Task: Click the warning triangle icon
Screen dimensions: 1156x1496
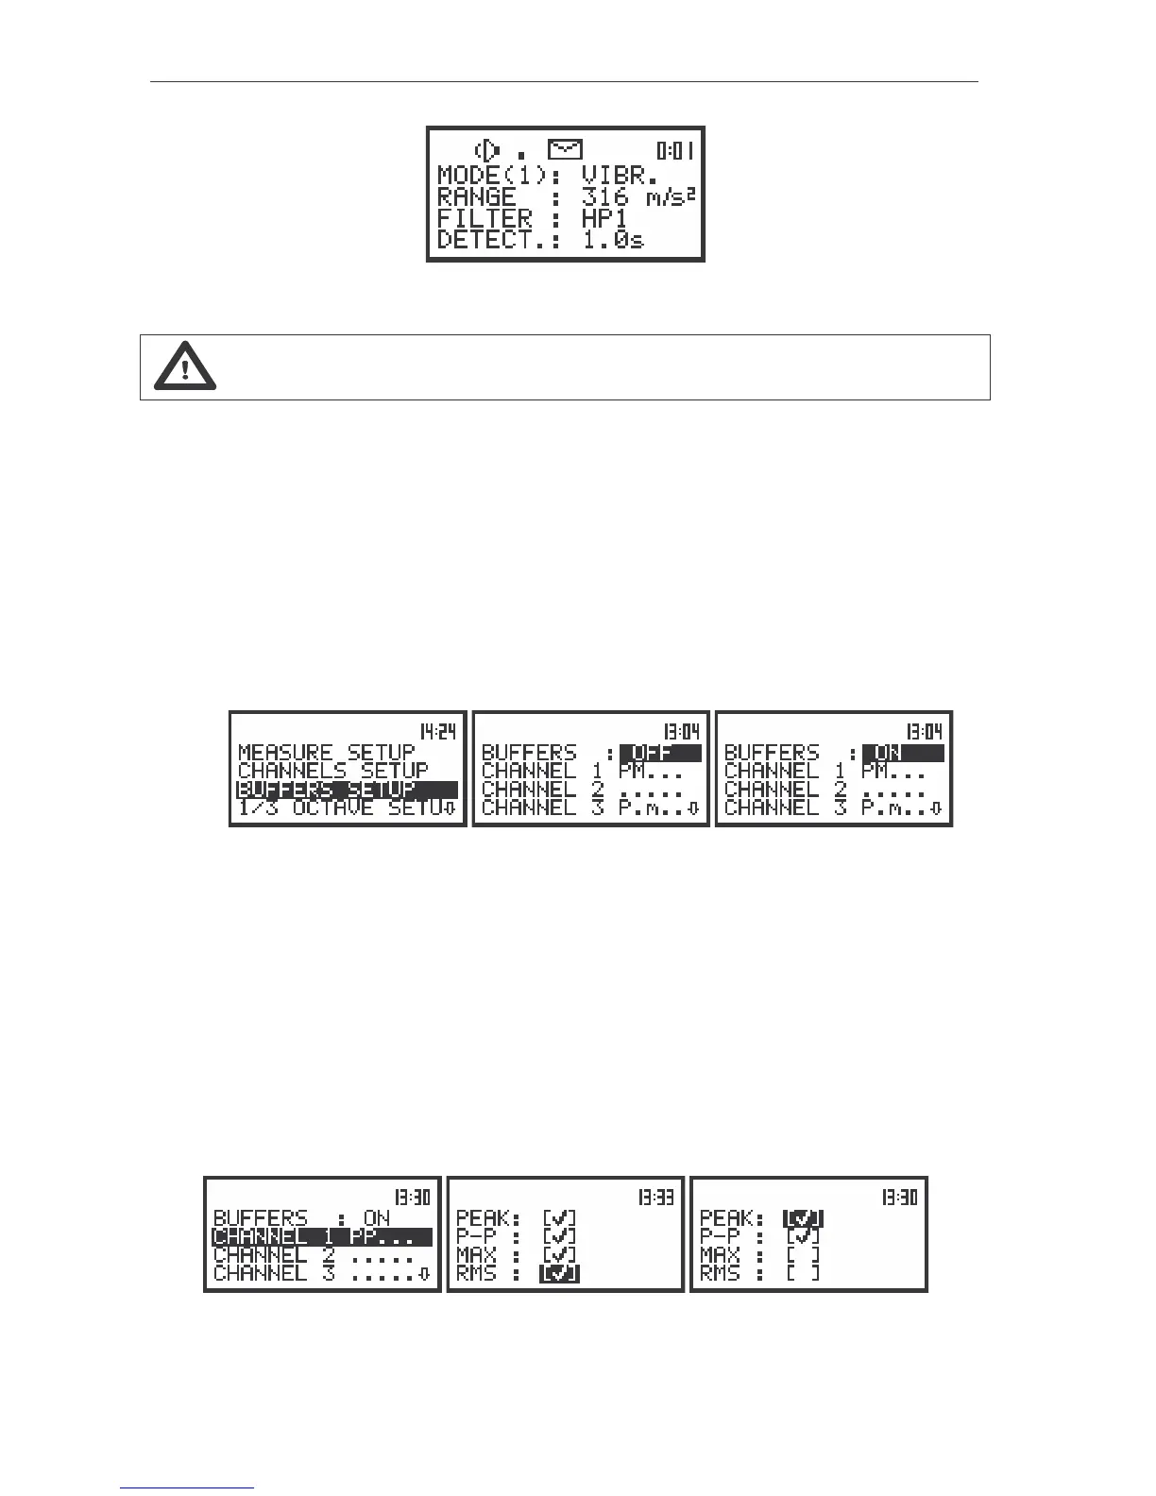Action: click(x=185, y=366)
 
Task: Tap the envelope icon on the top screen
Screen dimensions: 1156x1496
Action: click(x=565, y=149)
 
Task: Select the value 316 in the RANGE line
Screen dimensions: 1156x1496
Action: click(x=605, y=197)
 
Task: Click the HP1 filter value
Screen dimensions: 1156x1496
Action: click(x=604, y=219)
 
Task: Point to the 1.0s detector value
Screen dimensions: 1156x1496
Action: click(x=613, y=240)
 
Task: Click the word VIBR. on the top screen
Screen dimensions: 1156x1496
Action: click(x=620, y=175)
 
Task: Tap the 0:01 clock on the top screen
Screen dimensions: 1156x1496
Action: click(x=675, y=149)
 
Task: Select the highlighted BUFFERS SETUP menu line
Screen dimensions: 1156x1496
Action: click(x=346, y=790)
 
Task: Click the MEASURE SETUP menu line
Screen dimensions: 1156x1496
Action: click(x=327, y=753)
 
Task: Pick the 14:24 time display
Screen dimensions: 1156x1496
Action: click(x=438, y=731)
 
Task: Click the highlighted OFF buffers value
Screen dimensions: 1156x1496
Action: click(x=660, y=753)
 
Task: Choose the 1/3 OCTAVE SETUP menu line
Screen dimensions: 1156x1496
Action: click(x=346, y=807)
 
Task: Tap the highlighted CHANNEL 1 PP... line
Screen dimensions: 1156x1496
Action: click(x=321, y=1237)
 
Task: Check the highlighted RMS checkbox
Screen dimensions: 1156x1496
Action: click(x=559, y=1274)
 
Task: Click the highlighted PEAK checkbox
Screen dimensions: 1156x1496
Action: click(x=803, y=1219)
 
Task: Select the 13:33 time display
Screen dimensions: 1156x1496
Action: click(x=655, y=1198)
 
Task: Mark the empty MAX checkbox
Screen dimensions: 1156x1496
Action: click(x=803, y=1255)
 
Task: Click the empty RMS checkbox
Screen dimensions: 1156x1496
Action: click(x=803, y=1274)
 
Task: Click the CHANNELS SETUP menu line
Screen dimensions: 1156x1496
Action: click(x=332, y=771)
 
